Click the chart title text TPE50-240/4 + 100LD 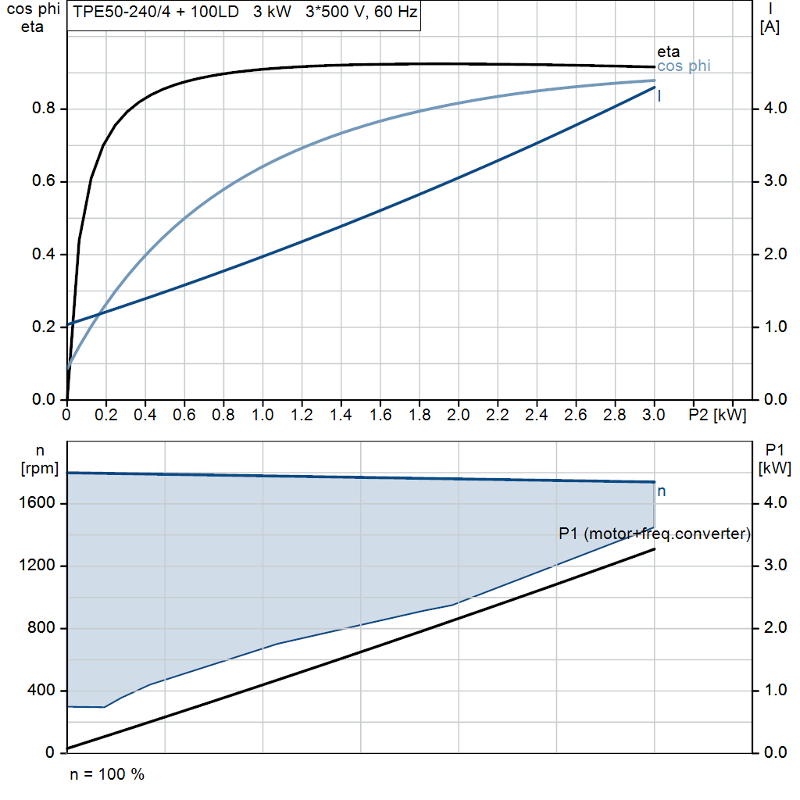pyautogui.click(x=155, y=13)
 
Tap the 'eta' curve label pyautogui.click(x=668, y=52)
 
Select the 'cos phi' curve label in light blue pyautogui.click(x=684, y=66)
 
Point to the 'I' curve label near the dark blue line pyautogui.click(x=660, y=96)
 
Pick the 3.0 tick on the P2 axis pyautogui.click(x=654, y=414)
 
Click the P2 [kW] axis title pyautogui.click(x=717, y=414)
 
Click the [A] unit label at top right pyautogui.click(x=770, y=27)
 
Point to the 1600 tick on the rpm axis pyautogui.click(x=39, y=504)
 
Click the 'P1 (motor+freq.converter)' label pyautogui.click(x=655, y=534)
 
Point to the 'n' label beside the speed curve pyautogui.click(x=661, y=491)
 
